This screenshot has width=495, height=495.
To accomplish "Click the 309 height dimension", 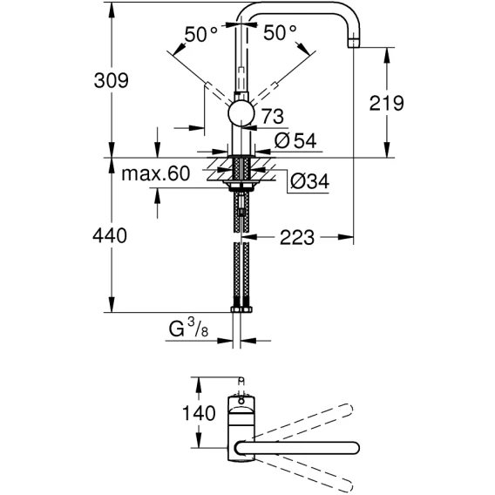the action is tap(112, 80).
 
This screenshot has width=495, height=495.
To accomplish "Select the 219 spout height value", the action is tap(386, 103).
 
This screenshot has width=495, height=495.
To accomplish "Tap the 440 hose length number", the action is tap(110, 235).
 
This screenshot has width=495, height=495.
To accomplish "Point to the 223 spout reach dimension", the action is tap(297, 237).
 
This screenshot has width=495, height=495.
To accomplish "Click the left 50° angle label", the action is tap(201, 34).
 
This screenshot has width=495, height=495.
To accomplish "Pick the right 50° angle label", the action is tap(280, 32).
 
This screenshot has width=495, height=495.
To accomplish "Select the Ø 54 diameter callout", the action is tap(295, 140).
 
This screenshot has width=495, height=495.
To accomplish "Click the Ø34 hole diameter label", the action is tap(309, 181).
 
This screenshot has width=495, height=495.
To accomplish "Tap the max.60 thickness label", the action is tap(156, 173).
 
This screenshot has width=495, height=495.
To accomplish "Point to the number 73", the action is tap(273, 116).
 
